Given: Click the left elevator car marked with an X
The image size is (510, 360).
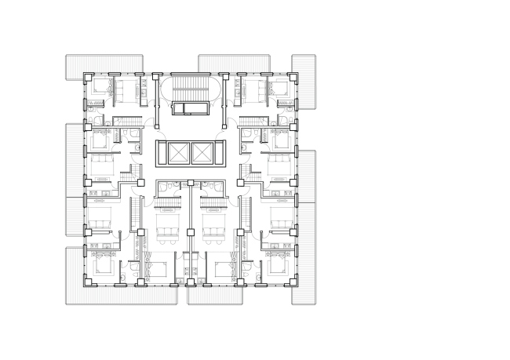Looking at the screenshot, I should pos(177,152).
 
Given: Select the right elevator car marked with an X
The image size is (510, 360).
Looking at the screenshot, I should pos(203,152).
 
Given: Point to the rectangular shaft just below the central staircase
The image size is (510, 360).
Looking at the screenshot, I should pos(190,109).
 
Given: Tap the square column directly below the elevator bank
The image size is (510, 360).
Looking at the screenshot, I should pos(191,183).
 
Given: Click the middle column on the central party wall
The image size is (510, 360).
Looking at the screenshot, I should pos(191,231).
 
